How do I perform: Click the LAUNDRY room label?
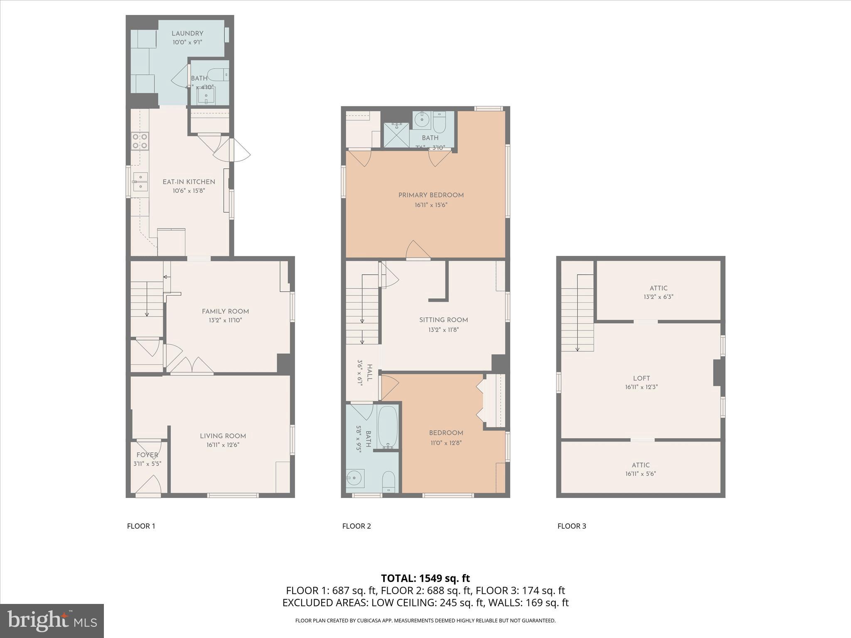pos(187,34)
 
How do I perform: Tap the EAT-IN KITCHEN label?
pos(189,182)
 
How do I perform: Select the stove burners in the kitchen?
pos(140,141)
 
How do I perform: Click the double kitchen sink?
pos(140,182)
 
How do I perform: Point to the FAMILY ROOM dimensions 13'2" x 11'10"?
pos(225,320)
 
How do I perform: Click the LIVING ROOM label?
pos(223,436)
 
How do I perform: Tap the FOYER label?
pos(147,455)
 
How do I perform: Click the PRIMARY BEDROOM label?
pos(431,195)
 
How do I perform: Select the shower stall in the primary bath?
pos(396,135)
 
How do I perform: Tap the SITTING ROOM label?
pos(443,320)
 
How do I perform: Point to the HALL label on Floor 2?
pos(369,373)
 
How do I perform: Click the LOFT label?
pos(641,378)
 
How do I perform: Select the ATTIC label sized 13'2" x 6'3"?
pos(658,288)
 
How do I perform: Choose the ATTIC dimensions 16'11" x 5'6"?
pos(641,474)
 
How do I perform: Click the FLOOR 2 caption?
pos(356,526)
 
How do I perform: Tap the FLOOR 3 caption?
pos(571,526)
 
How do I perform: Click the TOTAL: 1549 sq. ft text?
pos(425,578)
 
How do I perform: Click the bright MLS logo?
pos(52,621)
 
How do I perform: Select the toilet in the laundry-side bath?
pos(218,75)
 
